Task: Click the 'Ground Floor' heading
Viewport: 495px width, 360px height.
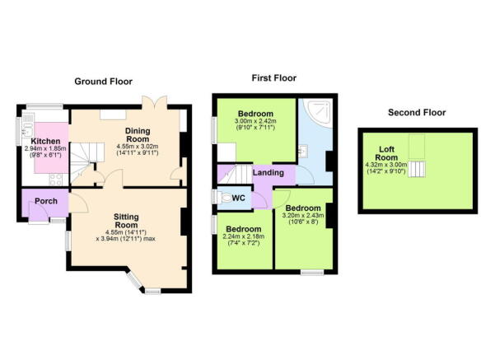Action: tap(105, 81)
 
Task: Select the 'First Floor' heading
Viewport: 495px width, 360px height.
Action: tap(274, 78)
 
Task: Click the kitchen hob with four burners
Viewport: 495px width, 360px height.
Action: tap(57, 177)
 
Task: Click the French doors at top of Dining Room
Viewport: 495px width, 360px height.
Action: tap(154, 101)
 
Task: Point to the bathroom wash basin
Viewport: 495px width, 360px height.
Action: tap(304, 151)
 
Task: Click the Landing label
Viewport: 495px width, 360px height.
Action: tap(269, 173)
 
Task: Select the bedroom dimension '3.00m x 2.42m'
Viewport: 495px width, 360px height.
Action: tap(255, 121)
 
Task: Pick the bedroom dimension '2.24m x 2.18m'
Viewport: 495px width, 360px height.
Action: tap(244, 237)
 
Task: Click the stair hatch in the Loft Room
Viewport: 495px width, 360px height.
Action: tap(419, 169)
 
